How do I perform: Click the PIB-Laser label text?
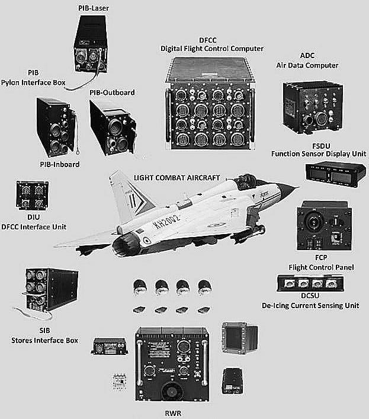pos(89,7)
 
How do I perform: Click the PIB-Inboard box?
pos(54,126)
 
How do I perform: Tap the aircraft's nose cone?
pos(291,190)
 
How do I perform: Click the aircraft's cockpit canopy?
pos(249,184)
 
